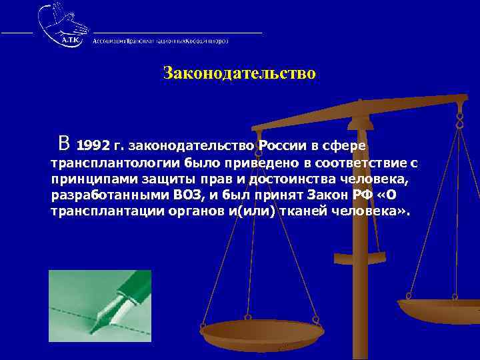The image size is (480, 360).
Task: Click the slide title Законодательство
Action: [x=239, y=73]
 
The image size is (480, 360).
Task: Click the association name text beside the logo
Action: [x=161, y=41]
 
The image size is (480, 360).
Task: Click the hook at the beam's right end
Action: [x=459, y=120]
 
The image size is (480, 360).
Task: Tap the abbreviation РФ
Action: [x=368, y=195]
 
